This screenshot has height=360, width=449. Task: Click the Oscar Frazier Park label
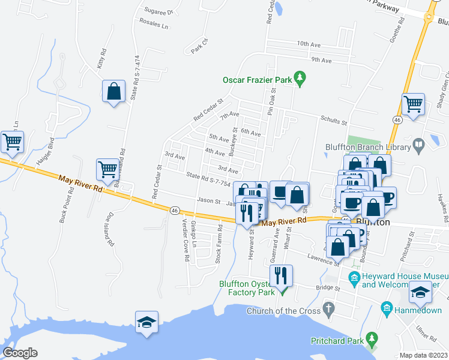pos(257,79)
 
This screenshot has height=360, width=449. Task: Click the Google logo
pos(20,352)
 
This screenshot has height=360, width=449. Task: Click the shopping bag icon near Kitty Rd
pos(113,92)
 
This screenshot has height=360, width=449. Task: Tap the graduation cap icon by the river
pos(146,322)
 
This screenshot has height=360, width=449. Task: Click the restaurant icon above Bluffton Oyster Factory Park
pos(281,275)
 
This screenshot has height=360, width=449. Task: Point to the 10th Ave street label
pos(310,44)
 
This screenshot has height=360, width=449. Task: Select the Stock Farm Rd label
pos(219,244)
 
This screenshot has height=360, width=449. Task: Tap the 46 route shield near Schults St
pos(397,121)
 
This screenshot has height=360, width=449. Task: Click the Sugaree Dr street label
pos(158,11)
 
